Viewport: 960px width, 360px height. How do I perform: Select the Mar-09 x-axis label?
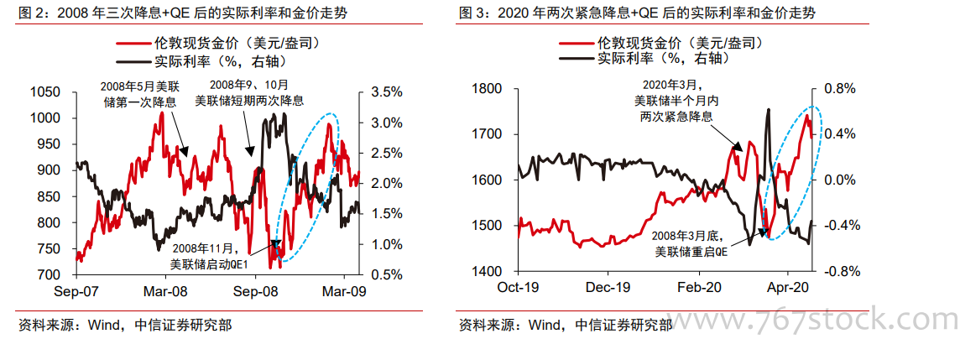(x=346, y=293)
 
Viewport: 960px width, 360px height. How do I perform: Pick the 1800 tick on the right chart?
(x=487, y=89)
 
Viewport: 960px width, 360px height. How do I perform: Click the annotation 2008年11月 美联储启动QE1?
(x=209, y=256)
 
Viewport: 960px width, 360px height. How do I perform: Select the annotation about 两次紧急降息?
(x=676, y=101)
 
